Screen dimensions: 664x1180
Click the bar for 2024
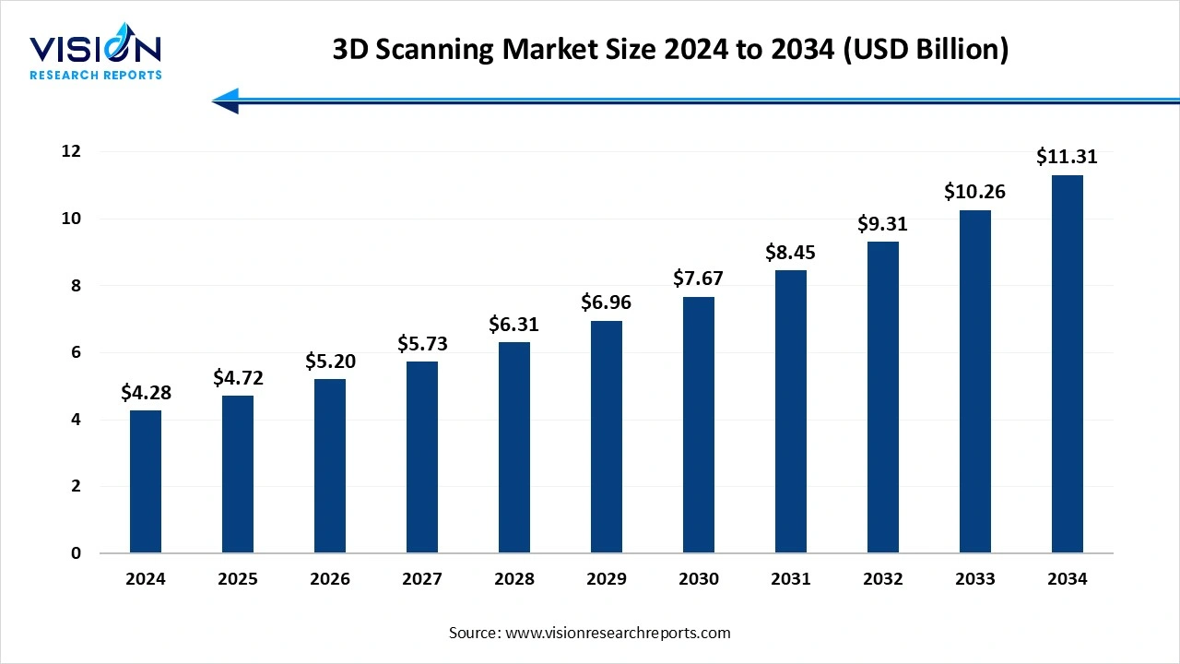146,481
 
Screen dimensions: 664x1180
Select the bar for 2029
607,437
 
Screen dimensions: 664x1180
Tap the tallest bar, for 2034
1068,364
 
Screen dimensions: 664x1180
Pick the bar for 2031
791,411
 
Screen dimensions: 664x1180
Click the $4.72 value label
238,377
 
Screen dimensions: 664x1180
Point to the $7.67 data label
699,279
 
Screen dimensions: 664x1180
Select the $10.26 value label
974,192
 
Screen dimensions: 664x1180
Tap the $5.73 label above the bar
422,343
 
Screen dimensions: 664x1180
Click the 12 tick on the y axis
70,151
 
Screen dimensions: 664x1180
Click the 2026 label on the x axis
330,579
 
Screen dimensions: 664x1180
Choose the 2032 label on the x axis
883,579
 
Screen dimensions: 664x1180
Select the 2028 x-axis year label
514,579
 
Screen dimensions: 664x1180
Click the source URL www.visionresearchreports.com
618,633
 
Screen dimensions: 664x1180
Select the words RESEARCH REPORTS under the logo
95,75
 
